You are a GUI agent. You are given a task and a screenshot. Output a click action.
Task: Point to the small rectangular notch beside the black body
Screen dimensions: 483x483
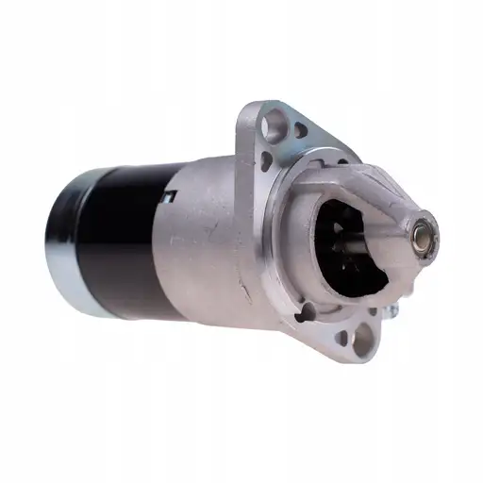[x=170, y=195]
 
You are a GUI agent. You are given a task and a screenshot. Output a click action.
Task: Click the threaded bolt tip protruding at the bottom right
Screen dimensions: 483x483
[x=393, y=308]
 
